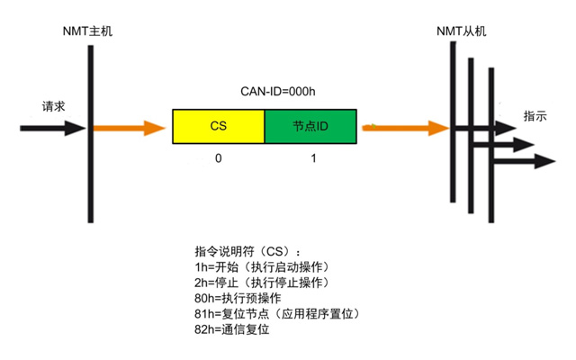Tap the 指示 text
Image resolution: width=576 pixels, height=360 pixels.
(x=535, y=117)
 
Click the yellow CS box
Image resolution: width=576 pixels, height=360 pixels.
(x=218, y=127)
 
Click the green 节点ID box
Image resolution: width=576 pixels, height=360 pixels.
(x=310, y=127)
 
